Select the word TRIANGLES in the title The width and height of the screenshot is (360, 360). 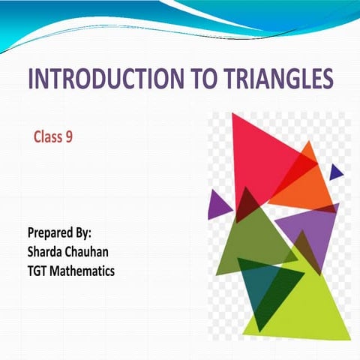268,80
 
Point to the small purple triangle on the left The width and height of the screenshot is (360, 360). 217,204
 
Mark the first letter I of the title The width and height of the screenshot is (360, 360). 31,80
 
